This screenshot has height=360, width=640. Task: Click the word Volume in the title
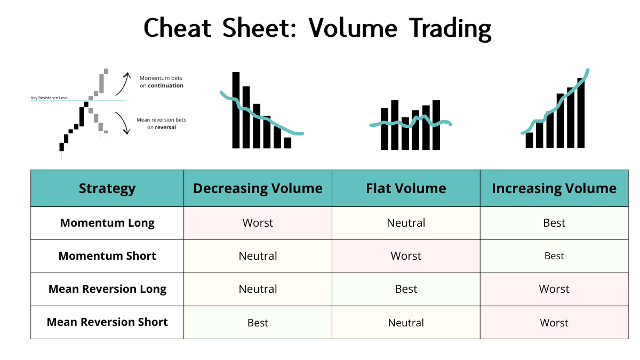point(353,28)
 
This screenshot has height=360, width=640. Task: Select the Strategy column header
point(107,188)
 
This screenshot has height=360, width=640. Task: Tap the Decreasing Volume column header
point(258,188)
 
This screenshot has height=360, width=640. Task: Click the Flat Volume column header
point(406,188)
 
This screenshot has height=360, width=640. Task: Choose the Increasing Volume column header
point(554,188)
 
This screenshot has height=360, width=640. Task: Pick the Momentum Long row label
point(107,223)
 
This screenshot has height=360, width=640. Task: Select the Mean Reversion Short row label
point(107,322)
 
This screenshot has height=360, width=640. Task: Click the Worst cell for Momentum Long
point(258,223)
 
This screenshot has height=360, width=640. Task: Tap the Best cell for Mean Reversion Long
point(406,289)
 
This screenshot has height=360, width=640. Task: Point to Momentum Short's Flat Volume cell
point(406,256)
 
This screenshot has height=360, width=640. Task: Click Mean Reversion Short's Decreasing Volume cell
point(258,323)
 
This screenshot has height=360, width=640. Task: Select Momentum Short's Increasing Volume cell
point(554,256)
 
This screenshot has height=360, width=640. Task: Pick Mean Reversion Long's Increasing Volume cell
point(554,289)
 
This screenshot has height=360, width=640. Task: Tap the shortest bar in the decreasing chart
point(287,143)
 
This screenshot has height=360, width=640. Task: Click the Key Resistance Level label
point(50,98)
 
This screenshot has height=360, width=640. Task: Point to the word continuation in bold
point(165,85)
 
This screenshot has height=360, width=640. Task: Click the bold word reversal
point(165,127)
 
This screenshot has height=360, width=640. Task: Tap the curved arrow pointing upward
point(125,83)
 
